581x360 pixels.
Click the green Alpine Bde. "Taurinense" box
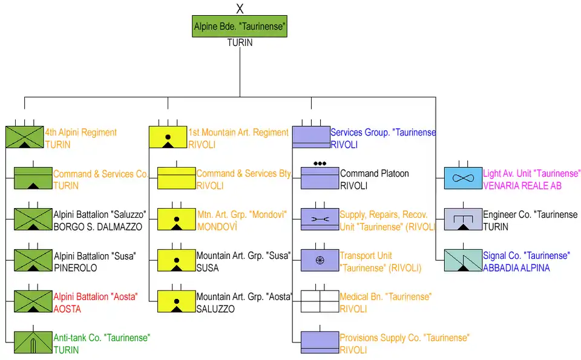coord(240,27)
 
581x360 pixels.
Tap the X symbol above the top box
coord(240,8)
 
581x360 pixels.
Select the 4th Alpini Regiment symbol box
coord(24,137)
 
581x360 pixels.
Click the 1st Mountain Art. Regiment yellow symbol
coord(168,137)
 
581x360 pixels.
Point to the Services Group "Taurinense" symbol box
coord(310,137)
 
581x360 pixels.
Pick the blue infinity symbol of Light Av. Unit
coord(463,179)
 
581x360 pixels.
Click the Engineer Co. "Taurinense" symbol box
coord(463,220)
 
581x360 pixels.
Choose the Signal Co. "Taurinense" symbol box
coord(463,261)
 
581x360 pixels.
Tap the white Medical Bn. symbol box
coord(320,302)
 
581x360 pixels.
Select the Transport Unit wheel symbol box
coord(320,261)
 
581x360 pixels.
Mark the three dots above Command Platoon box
coord(320,163)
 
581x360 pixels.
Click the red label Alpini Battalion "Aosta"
coord(96,296)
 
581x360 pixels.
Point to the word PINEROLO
coord(76,267)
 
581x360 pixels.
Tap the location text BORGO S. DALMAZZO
coord(97,227)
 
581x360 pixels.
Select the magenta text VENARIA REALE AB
coord(522,186)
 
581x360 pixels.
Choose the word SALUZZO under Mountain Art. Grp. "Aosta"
coord(215,309)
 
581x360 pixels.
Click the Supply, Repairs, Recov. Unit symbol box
coord(320,220)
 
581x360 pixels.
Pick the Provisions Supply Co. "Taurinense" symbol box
coord(320,343)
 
